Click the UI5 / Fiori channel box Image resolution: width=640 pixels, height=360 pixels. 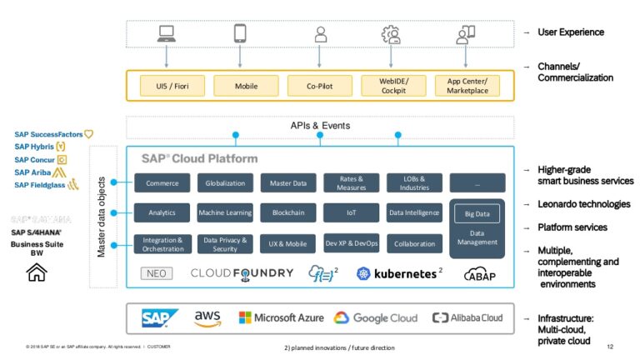166,85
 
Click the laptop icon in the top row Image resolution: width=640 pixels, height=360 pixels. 167,34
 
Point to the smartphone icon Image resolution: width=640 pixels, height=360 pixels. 240,34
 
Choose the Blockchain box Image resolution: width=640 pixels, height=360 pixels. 288,213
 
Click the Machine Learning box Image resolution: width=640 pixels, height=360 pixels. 225,213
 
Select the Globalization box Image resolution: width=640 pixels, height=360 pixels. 225,183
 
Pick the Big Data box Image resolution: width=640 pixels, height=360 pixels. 477,214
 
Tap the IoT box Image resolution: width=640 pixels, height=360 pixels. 352,213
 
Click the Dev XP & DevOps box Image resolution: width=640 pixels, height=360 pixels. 352,243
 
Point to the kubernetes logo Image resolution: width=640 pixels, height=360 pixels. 397,272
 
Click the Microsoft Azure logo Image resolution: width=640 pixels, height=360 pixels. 281,317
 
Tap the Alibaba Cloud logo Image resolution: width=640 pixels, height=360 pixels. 467,317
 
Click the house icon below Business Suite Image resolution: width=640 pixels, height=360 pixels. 37,272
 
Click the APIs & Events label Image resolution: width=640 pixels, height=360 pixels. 319,126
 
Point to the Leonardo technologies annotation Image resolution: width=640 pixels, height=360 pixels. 582,204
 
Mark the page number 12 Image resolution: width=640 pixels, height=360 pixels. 610,346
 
